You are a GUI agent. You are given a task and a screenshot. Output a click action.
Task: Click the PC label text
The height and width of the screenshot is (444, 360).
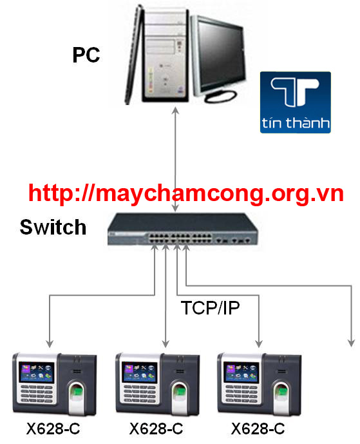86,55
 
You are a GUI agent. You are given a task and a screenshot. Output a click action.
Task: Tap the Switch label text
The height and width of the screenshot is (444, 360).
53,227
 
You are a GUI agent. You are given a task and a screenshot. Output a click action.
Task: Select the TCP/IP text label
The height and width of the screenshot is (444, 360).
211,308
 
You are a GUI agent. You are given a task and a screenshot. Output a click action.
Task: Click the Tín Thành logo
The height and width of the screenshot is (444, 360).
295,102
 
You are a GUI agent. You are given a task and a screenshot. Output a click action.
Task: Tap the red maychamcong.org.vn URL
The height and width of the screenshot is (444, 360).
186,194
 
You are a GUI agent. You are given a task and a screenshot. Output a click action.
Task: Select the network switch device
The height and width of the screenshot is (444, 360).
182,229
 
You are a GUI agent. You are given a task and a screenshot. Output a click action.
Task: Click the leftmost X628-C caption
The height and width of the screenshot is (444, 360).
53,429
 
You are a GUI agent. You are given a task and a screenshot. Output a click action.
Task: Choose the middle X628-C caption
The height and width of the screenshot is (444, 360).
156,429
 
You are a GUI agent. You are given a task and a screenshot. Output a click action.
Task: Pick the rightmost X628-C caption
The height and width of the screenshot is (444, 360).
258,429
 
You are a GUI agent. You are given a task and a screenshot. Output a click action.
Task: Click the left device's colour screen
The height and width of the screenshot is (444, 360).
37,372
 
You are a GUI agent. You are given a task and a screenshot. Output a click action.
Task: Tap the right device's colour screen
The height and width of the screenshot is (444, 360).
241,372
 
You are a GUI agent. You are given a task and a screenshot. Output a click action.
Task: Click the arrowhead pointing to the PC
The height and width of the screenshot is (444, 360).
175,110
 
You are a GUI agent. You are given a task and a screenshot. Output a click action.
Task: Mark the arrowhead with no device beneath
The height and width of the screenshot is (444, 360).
351,343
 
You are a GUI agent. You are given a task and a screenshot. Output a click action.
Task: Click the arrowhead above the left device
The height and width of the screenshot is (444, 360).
50,343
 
